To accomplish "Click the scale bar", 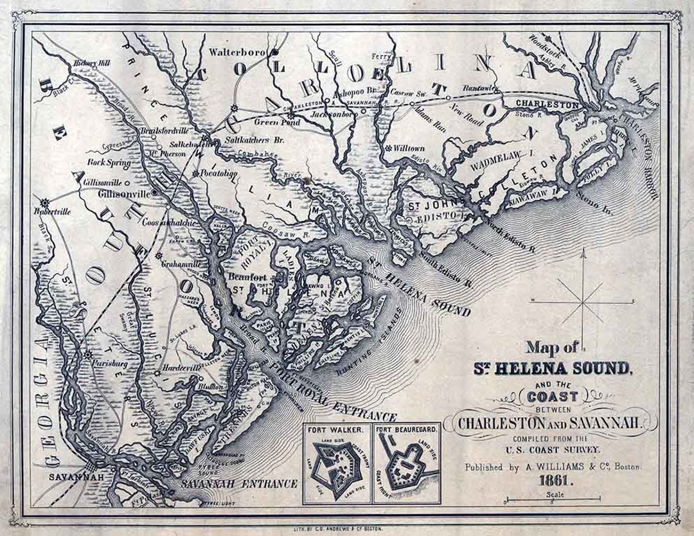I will click(x=553, y=499).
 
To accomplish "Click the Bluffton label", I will click(x=210, y=387).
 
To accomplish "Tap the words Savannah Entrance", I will click(x=239, y=483).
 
